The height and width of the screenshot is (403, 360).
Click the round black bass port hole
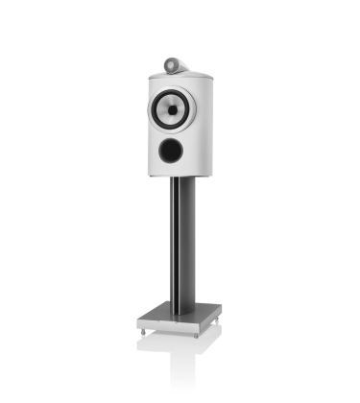click(171, 149)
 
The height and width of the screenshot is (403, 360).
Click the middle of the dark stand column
click(180, 240)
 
